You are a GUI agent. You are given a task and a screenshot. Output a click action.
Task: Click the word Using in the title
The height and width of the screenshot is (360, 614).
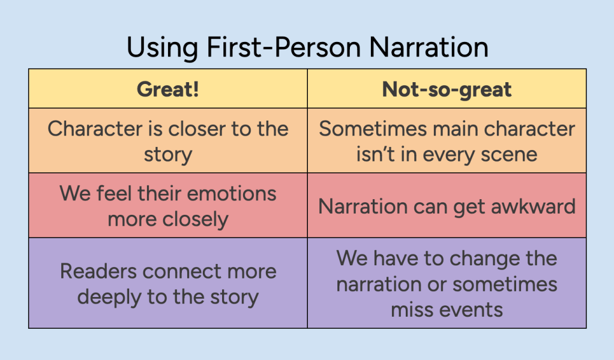tap(163, 49)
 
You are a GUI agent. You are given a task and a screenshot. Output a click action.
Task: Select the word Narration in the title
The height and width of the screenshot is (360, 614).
tap(429, 47)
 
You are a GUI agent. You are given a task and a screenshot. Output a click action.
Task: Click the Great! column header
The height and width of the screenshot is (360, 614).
tap(167, 89)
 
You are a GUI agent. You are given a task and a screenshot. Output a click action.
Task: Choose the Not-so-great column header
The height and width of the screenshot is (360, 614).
tap(447, 89)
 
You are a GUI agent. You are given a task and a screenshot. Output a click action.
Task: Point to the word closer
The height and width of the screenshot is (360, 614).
tap(196, 129)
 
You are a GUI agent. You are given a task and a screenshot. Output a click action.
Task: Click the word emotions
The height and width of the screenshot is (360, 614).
tap(232, 193)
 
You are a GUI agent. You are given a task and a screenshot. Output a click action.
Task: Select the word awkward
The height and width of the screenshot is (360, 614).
tap(534, 206)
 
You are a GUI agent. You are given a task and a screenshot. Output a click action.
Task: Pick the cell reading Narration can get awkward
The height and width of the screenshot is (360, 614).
tap(447, 205)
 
